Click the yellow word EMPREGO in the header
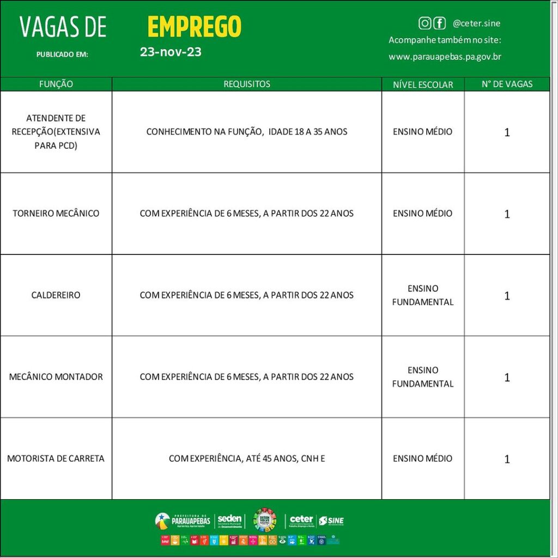(194, 26)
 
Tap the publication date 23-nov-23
(171, 52)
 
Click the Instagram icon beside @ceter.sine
(424, 23)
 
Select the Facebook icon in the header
(439, 23)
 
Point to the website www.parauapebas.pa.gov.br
(445, 57)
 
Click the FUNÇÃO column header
(56, 84)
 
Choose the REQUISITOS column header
(247, 84)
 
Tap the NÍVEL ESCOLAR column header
(423, 84)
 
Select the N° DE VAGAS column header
(507, 84)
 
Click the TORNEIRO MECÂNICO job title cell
(56, 213)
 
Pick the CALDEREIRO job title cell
(56, 295)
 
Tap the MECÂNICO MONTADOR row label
(56, 377)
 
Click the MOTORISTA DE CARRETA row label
(56, 458)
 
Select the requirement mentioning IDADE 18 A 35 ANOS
(247, 131)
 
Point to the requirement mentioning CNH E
(247, 458)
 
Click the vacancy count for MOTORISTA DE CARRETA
(507, 459)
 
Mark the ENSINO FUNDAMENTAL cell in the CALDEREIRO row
(423, 295)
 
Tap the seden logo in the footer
(230, 520)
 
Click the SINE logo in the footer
(331, 521)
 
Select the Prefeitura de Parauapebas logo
(183, 520)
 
